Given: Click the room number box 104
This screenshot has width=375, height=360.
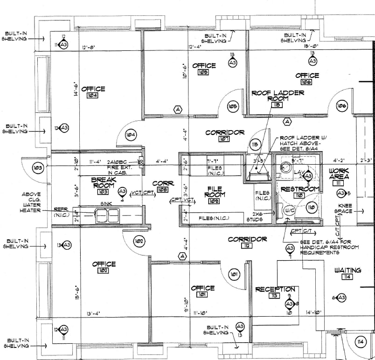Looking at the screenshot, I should point(92,96).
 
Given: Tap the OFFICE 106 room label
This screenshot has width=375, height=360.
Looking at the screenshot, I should point(307,76).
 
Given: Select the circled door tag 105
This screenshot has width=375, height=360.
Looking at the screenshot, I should point(232,107).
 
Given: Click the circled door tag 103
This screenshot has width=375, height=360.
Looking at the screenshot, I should point(38,167).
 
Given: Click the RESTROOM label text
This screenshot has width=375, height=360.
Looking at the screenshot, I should point(299,189).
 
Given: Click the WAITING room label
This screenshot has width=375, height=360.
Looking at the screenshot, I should point(347,270).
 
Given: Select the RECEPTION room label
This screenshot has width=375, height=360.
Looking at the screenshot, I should point(275,290).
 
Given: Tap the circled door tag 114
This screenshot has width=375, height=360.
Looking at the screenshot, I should point(360,342).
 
